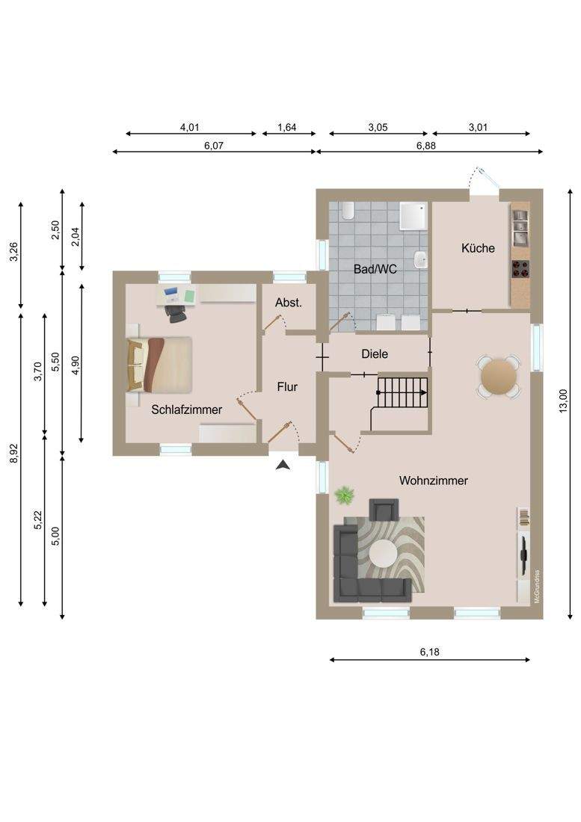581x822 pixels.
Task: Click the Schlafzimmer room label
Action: coord(187,410)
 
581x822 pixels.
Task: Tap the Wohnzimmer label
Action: coord(433,480)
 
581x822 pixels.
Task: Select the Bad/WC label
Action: coord(375,270)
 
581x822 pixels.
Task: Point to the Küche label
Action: coord(478,248)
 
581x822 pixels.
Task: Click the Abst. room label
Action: coord(289,303)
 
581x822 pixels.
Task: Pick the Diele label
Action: coord(375,354)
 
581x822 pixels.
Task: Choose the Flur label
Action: coord(287,387)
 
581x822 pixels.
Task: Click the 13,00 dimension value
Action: coord(563,401)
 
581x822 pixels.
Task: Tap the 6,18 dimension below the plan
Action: coord(429,652)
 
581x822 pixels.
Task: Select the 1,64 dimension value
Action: coord(287,127)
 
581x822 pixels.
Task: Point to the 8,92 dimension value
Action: coord(14,454)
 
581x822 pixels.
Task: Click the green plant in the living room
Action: coord(345,495)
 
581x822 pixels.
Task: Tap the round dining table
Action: coord(499,377)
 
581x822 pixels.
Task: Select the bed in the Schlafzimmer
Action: coord(159,365)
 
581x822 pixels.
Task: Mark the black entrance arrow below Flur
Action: coord(283,465)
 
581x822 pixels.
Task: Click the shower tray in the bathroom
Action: coord(414,217)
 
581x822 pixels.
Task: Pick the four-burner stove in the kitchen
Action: coord(520,269)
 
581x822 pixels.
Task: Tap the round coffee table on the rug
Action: coord(383,554)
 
